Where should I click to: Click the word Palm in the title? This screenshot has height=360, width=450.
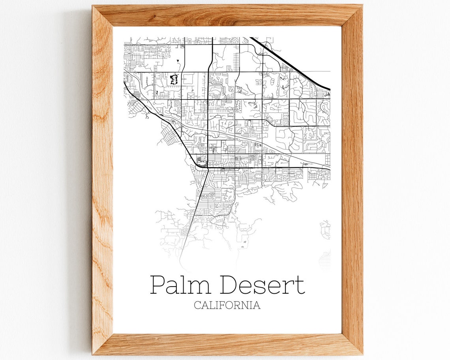coord(180,285)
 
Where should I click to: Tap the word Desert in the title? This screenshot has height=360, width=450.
coord(262,285)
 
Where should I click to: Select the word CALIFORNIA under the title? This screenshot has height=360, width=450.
coord(227,305)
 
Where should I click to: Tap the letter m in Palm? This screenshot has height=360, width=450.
coord(200,287)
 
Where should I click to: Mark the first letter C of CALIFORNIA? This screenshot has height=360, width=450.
coord(197,305)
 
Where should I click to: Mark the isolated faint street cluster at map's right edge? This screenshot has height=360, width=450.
coord(325,230)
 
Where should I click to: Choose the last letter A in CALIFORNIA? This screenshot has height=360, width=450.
coord(257,305)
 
